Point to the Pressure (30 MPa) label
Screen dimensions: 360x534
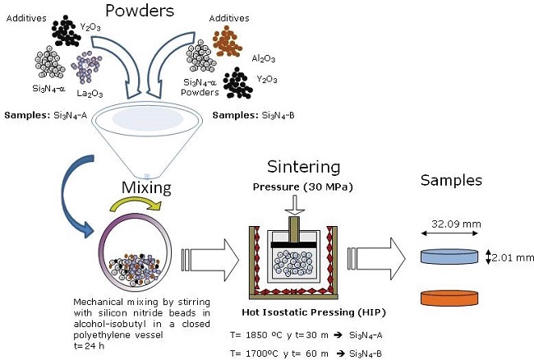(x=291, y=187)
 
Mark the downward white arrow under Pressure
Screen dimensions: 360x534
(x=292, y=205)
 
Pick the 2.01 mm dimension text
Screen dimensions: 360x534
(x=514, y=256)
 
